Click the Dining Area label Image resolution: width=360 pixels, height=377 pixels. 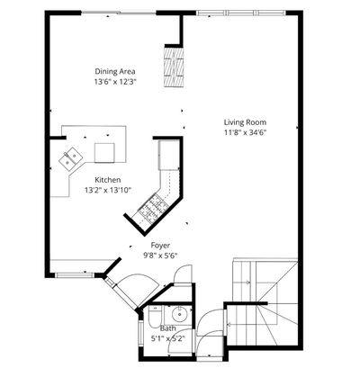(115, 71)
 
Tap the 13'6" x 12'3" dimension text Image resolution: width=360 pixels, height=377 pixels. (115, 82)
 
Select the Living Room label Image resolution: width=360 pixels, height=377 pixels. (245, 122)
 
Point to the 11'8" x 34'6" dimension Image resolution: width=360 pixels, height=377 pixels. (246, 132)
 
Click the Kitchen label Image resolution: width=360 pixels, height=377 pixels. (108, 180)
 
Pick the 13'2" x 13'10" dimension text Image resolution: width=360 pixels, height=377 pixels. (108, 190)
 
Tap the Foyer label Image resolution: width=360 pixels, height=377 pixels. (160, 246)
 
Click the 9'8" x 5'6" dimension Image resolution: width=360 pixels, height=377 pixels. (160, 256)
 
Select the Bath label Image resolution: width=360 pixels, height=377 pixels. (168, 328)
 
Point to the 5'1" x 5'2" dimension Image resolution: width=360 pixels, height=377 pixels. (167, 338)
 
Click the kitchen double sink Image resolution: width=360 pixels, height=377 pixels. (71, 158)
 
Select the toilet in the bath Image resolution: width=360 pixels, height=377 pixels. (155, 318)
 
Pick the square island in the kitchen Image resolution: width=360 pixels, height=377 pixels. (104, 153)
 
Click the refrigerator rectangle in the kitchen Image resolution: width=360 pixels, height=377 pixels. (169, 155)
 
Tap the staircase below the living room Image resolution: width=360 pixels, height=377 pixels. (265, 302)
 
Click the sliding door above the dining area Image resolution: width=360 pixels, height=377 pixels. (119, 13)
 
